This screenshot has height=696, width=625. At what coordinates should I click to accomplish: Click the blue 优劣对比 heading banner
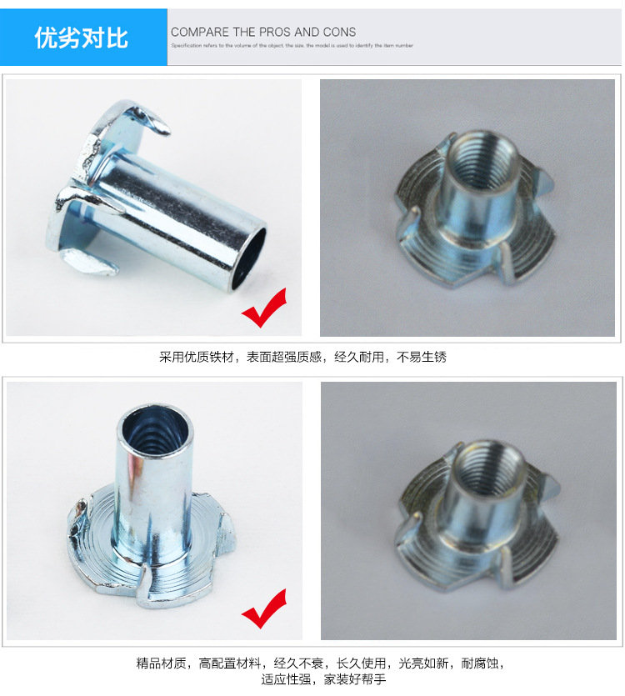(82, 38)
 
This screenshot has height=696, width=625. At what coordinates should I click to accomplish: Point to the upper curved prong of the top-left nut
(142, 117)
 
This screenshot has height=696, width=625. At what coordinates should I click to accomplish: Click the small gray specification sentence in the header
(292, 46)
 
